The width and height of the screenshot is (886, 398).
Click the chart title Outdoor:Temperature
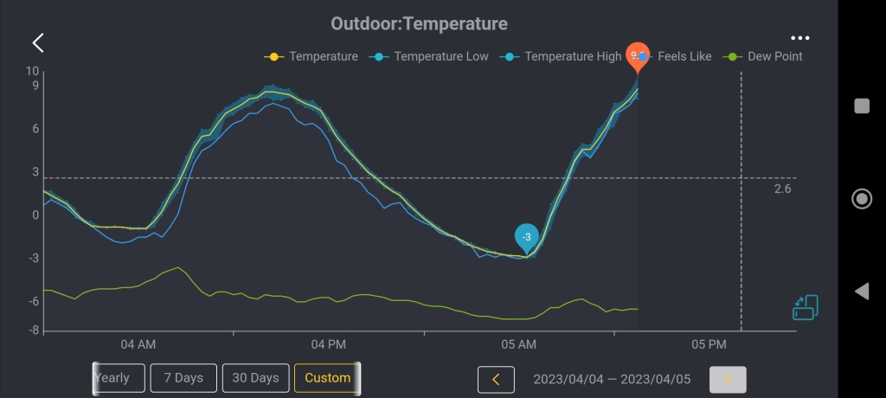[419, 23]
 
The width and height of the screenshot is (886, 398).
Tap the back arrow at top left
[38, 43]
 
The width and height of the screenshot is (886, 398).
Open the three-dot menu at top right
[800, 39]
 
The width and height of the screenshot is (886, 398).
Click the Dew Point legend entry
[764, 56]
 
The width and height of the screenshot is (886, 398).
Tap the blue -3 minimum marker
[526, 236]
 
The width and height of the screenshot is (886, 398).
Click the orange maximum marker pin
[638, 56]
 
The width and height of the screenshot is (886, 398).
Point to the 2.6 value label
[782, 188]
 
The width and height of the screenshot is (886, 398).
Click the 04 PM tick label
[329, 344]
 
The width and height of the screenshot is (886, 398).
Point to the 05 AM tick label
[519, 344]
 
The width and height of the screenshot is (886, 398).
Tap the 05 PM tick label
[709, 344]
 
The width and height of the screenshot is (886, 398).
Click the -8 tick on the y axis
[34, 330]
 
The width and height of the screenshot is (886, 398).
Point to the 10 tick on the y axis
[33, 71]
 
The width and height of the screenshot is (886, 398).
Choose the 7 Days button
[183, 378]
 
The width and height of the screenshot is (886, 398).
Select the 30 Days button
[255, 378]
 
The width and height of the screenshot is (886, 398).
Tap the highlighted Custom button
[327, 378]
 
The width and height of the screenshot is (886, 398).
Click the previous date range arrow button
[496, 379]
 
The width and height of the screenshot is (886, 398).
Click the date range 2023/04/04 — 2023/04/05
[612, 379]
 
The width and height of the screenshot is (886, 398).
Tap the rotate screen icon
[805, 308]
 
